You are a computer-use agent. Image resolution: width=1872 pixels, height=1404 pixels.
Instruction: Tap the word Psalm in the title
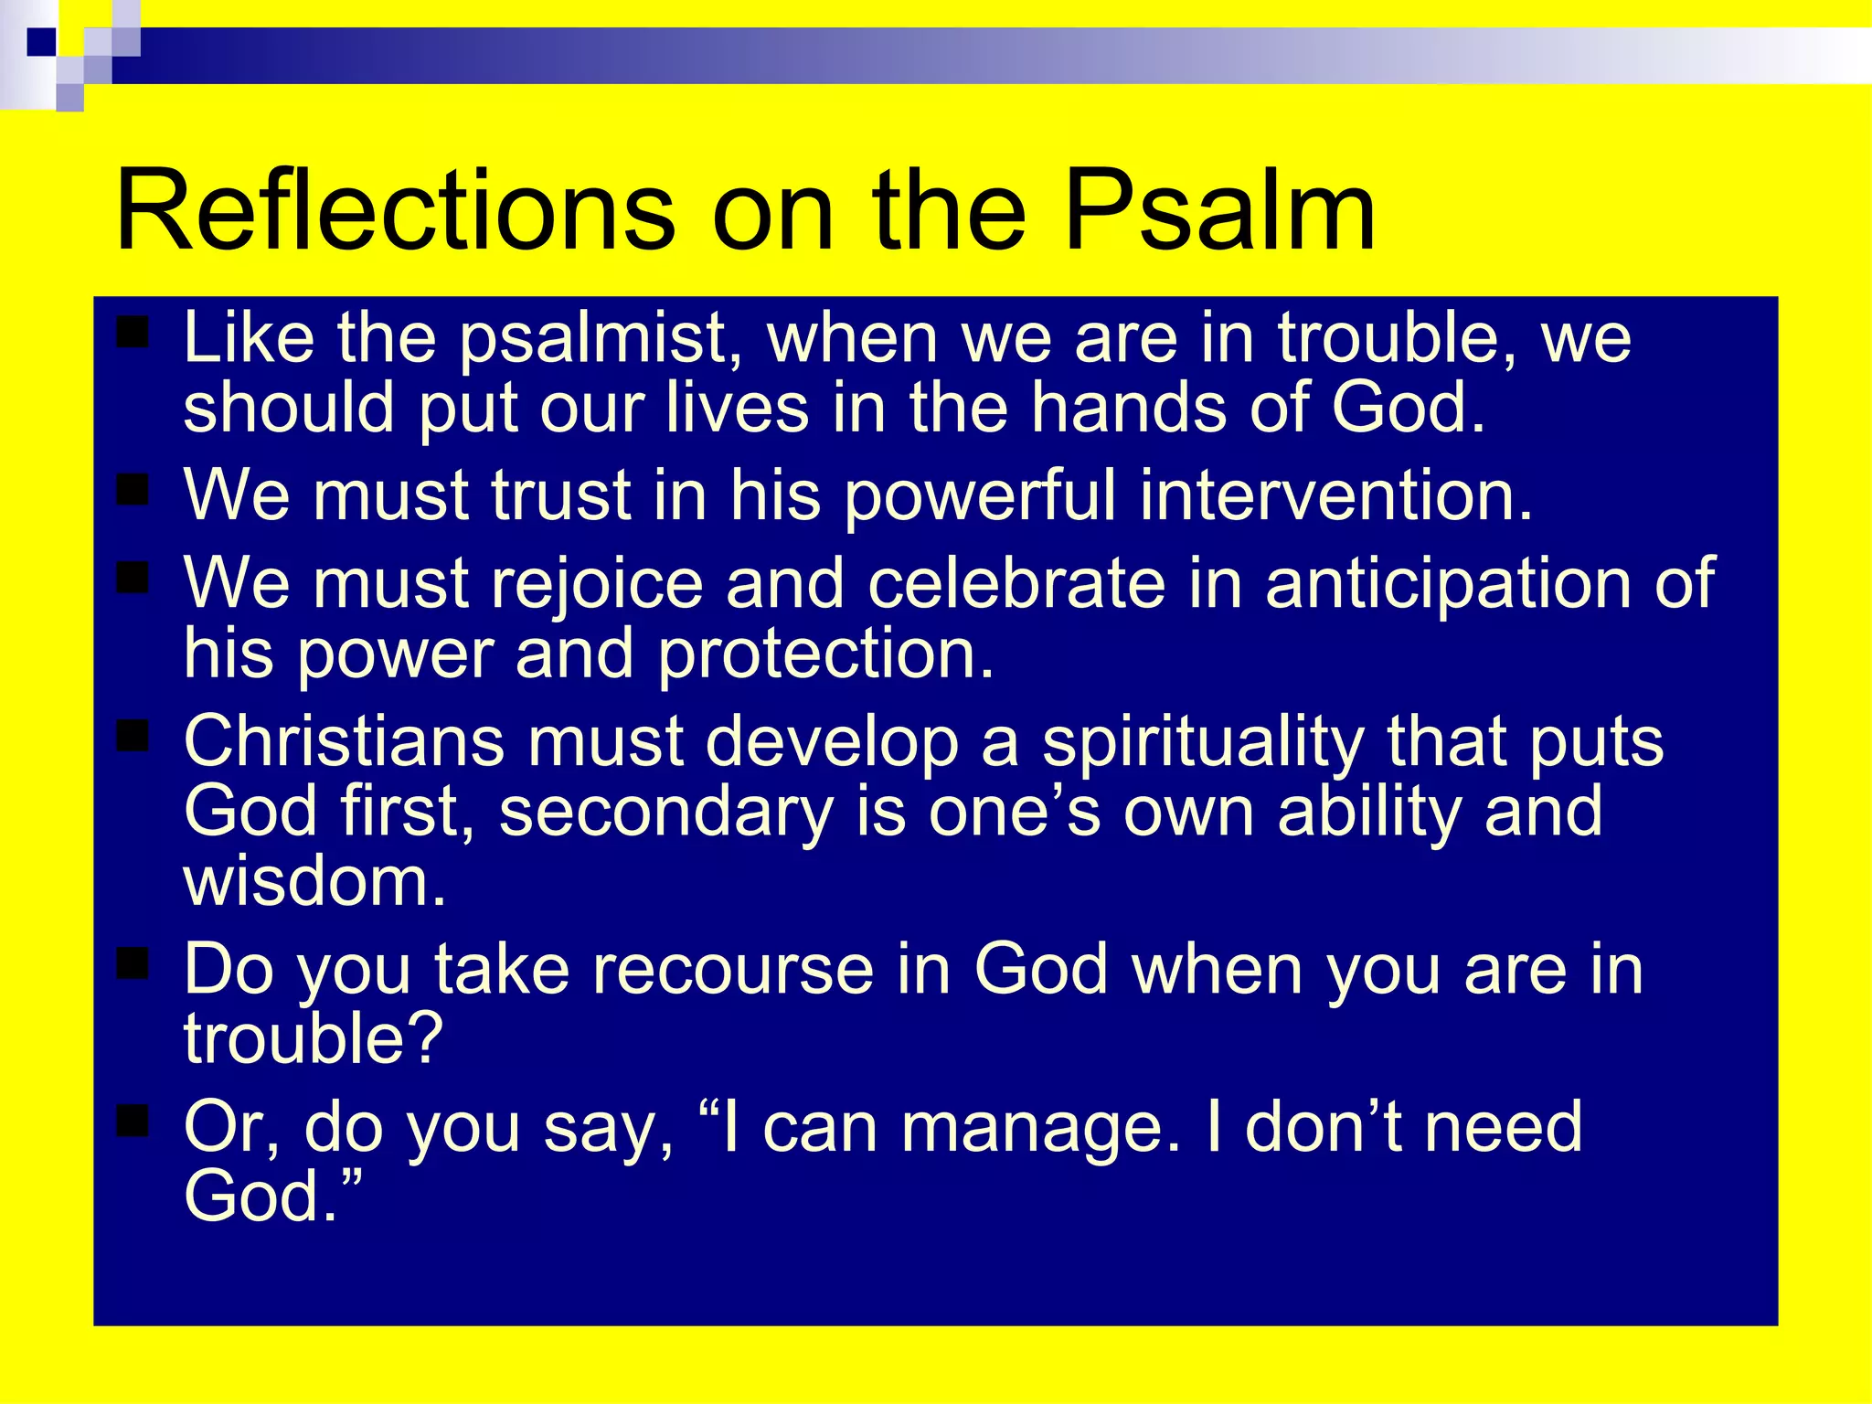click(x=1219, y=212)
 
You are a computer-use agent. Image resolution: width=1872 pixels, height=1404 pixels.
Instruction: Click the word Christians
click(x=344, y=740)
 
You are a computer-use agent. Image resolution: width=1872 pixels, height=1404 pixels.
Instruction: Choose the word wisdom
click(x=314, y=881)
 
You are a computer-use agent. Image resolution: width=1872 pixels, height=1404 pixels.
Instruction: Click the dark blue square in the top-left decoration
click(x=42, y=42)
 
